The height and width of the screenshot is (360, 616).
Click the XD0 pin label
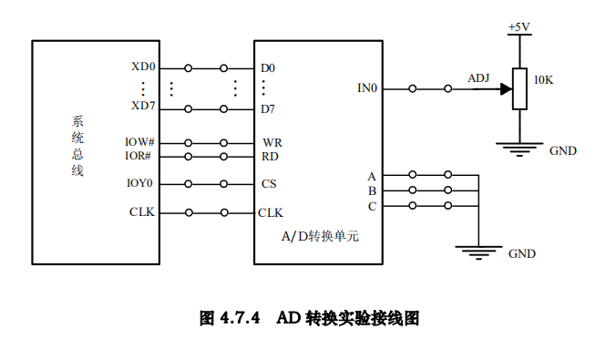click(144, 67)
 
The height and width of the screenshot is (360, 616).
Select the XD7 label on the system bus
click(144, 107)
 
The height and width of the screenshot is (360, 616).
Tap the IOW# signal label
click(140, 142)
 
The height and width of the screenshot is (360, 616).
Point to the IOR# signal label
click(140, 156)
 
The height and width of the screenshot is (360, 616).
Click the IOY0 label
click(140, 183)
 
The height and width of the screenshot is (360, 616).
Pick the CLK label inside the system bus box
click(142, 212)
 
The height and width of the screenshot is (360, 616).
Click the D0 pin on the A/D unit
click(268, 68)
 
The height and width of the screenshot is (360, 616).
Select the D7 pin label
click(268, 109)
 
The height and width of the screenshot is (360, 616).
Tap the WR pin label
click(272, 143)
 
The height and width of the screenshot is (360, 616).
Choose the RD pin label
click(271, 157)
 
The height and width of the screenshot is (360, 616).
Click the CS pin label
click(270, 184)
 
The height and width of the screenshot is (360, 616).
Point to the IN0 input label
click(367, 88)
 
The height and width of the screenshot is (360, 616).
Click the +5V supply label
click(519, 27)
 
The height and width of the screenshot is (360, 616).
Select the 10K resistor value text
click(543, 80)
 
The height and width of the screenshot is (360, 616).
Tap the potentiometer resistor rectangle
click(519, 88)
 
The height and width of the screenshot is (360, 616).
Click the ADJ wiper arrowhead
click(506, 88)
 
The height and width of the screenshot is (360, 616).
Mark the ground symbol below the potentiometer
click(519, 148)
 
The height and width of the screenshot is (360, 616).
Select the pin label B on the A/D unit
click(372, 190)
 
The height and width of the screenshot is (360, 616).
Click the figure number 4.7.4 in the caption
click(241, 318)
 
